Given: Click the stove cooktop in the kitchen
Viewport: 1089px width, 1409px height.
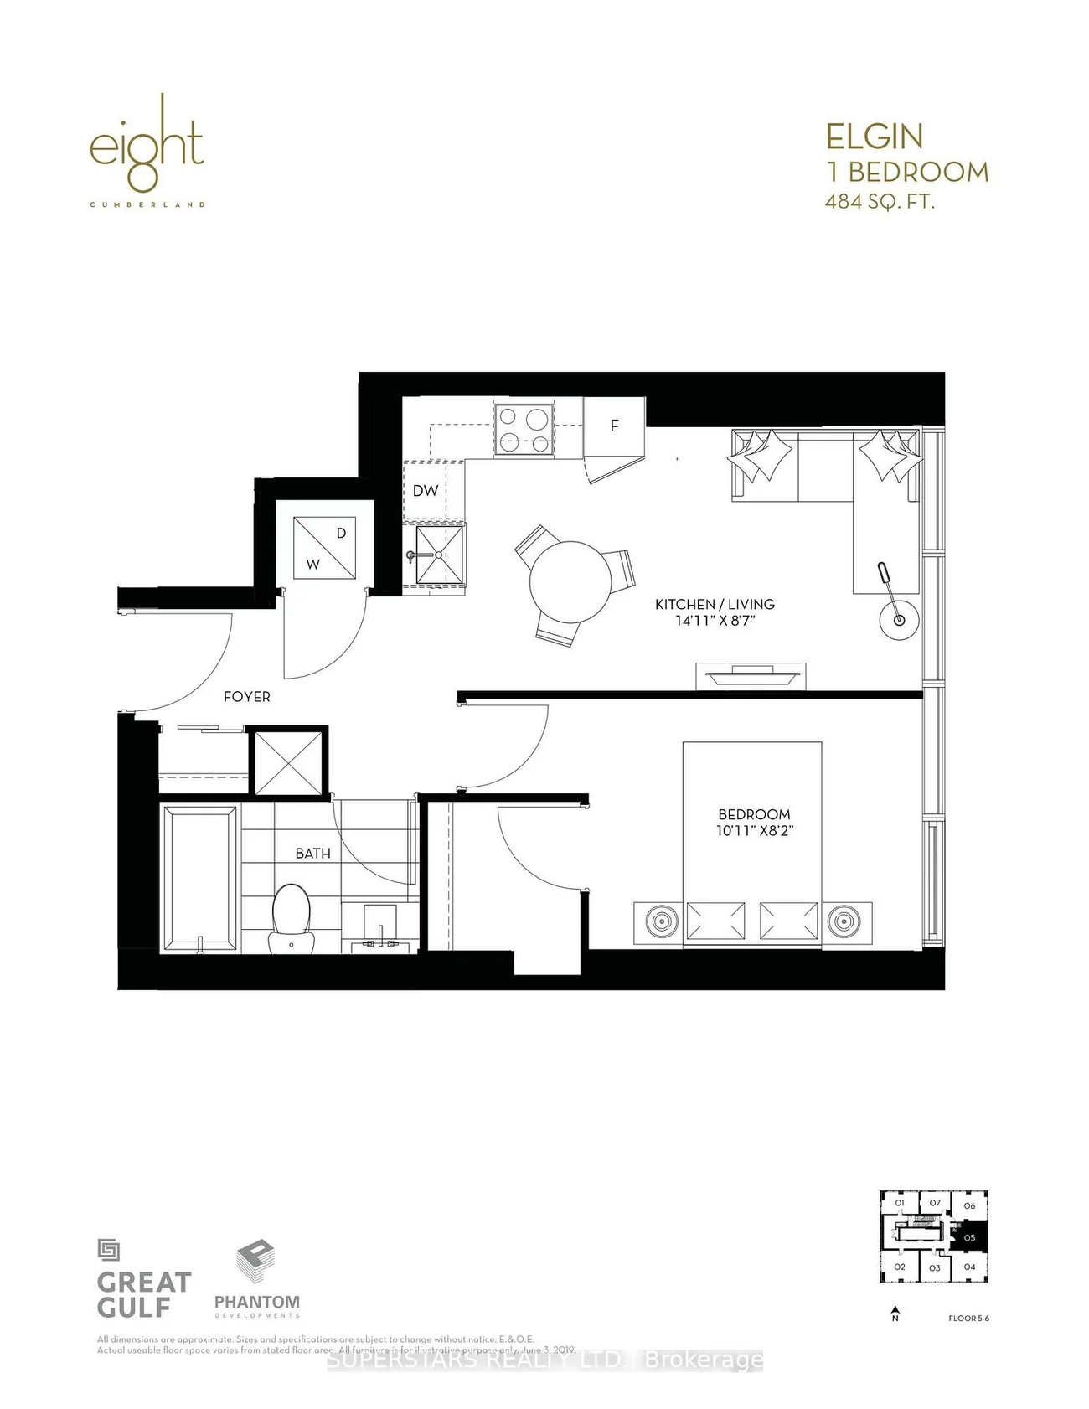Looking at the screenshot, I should click(524, 429).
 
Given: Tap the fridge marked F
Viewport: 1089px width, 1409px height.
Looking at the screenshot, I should click(614, 426).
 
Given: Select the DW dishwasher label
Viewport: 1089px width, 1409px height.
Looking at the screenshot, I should click(426, 491).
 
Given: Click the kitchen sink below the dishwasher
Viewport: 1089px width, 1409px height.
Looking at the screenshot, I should click(436, 555).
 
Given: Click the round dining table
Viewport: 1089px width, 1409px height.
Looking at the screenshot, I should click(570, 581).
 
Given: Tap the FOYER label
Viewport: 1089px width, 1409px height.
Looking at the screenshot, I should click(246, 696).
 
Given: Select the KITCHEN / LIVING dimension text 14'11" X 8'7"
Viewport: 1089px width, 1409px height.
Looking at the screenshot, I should click(714, 621).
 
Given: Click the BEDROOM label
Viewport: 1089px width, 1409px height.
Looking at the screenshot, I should click(754, 814).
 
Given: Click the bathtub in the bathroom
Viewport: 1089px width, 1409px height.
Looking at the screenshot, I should click(199, 878).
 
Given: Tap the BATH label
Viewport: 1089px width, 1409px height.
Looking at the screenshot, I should click(312, 853).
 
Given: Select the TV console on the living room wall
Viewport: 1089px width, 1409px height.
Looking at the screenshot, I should click(751, 676).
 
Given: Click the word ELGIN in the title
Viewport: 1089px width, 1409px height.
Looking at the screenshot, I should click(875, 137).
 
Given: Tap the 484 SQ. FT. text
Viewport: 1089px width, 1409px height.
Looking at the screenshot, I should click(880, 202).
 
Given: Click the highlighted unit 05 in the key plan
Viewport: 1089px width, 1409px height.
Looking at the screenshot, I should click(970, 1237).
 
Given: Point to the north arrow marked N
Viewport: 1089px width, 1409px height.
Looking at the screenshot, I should click(895, 1314).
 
